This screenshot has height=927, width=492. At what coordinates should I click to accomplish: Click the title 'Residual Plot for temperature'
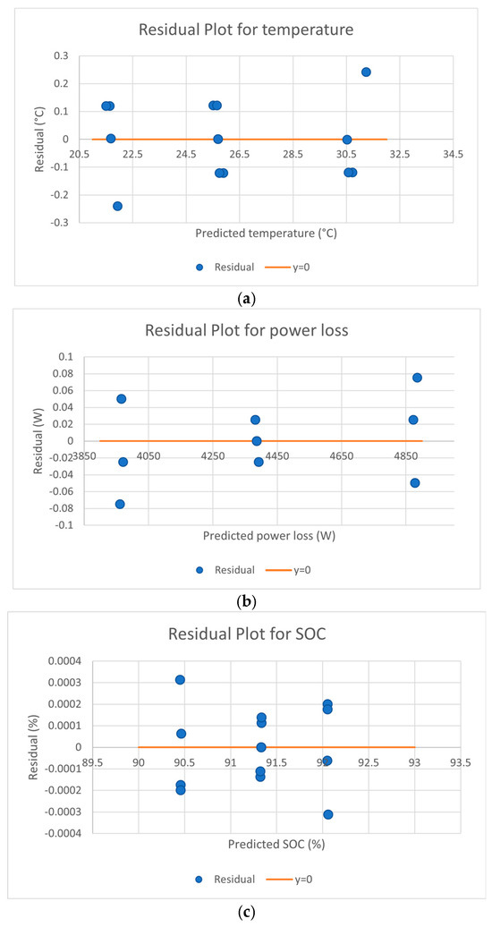246,30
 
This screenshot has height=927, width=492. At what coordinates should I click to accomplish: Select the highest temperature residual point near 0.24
366,72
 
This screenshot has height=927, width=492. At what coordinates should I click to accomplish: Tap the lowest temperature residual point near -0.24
118,206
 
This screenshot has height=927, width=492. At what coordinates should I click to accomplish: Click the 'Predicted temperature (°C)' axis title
266,234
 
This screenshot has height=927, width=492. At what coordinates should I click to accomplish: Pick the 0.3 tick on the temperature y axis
62,56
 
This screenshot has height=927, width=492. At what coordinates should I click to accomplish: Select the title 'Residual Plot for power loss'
247,330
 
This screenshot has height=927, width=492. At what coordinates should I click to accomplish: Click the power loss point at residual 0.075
417,378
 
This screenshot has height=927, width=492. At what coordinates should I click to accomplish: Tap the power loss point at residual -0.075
120,504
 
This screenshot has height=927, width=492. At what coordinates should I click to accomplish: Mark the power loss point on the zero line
257,440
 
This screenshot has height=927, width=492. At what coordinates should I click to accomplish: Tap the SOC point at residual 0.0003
180,680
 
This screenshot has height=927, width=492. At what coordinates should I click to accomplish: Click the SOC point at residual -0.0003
328,814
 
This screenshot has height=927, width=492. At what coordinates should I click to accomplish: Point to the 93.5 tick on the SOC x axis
461,762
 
